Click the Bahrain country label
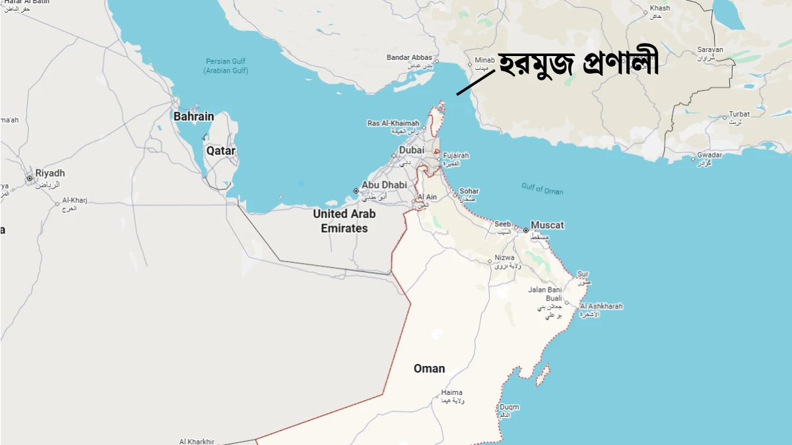coord(193,117)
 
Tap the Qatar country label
coord(220,151)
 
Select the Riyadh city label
coord(50,173)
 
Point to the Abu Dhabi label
coord(384,185)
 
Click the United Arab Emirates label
coord(344,221)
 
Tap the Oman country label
coord(429,369)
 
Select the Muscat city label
coord(547,225)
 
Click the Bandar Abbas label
coord(409,58)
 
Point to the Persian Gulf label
coord(226,66)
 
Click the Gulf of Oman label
coord(542,189)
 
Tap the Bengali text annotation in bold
coord(577,64)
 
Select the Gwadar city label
coord(709,156)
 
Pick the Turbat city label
coord(739,115)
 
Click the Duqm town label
coord(509,407)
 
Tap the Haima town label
coord(451,393)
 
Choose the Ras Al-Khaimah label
coord(393,123)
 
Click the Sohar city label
coord(469,191)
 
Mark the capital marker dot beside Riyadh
coord(29,178)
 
